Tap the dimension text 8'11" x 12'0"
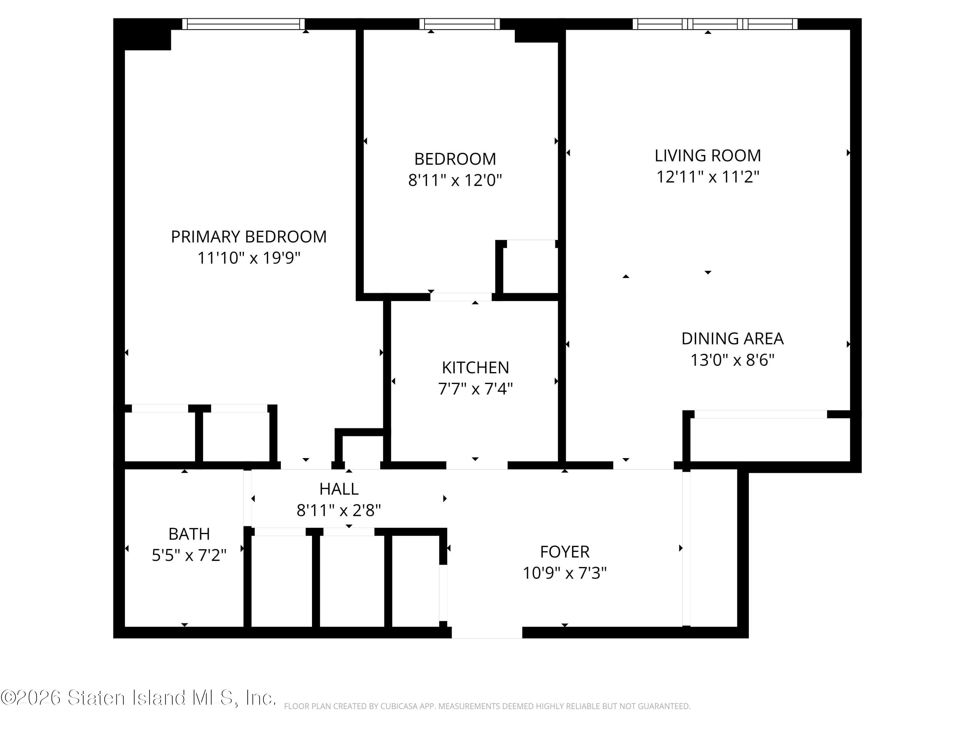pos(455,180)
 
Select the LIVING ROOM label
pos(708,156)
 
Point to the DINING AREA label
pos(732,339)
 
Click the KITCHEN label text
pos(475,367)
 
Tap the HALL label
pos(339,489)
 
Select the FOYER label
pos(565,552)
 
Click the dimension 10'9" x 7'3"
pos(565,573)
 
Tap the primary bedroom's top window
pos(243,24)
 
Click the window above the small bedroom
pos(459,24)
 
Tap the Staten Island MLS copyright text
pos(138,698)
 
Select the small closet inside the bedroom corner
pos(531,267)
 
